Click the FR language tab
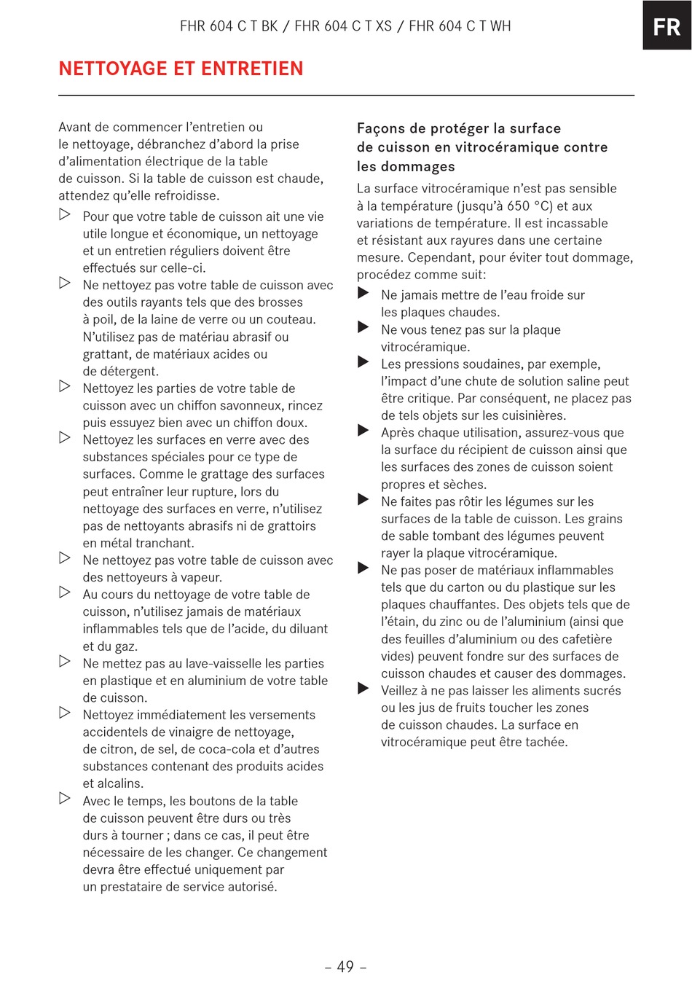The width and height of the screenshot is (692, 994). coord(667,27)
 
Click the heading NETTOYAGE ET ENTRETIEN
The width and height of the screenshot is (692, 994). coord(181,69)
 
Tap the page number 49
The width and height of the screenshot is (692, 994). coord(345,966)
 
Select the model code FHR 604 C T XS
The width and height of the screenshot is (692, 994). coord(343,26)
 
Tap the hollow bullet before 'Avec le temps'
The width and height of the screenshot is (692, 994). coord(65,799)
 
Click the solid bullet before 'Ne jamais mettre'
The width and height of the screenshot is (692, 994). coord(363,293)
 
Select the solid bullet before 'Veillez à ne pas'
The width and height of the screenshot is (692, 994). coord(363,689)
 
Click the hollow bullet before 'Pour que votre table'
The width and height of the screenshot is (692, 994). coord(65,214)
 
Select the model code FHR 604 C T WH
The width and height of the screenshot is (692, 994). coord(460,26)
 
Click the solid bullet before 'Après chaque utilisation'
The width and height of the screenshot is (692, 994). coord(363,431)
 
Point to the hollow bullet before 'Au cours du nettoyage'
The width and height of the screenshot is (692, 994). coord(65,592)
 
